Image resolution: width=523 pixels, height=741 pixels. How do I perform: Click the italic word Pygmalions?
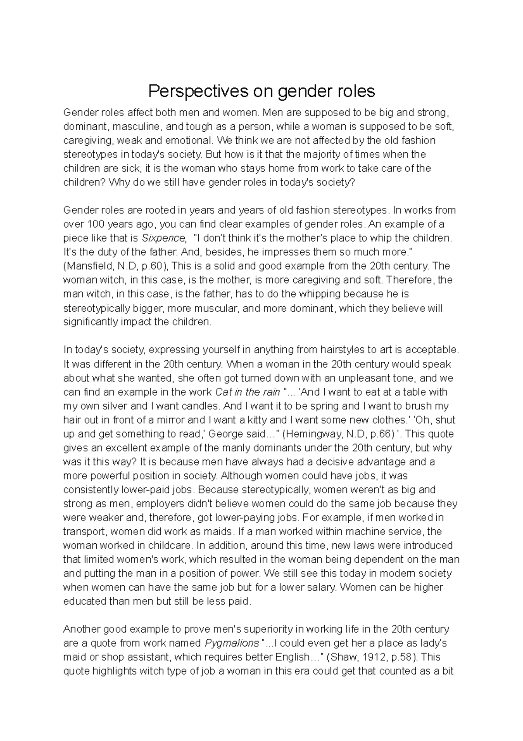pos(231,643)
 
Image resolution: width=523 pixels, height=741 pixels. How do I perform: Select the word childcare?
pos(169,545)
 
